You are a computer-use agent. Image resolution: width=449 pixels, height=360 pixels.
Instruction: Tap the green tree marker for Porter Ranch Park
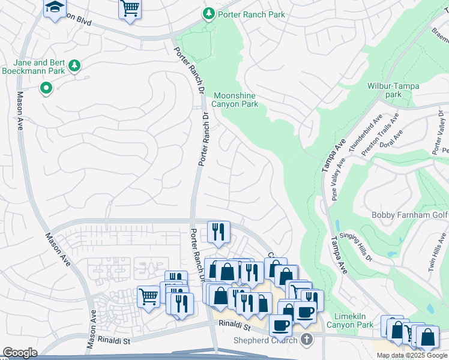click(208, 13)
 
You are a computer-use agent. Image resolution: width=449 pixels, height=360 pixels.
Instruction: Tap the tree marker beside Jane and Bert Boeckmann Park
click(74, 65)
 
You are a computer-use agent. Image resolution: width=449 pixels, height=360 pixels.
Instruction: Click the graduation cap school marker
click(55, 8)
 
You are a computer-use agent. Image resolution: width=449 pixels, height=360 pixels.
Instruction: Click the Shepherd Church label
click(265, 341)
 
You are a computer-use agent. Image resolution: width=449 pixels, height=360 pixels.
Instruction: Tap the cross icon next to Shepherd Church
click(307, 341)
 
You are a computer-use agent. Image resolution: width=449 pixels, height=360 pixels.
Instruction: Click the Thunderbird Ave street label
click(369, 133)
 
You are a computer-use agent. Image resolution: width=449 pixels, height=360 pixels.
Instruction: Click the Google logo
click(20, 353)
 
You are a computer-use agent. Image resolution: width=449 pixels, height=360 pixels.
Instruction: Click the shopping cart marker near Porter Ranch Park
click(130, 9)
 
